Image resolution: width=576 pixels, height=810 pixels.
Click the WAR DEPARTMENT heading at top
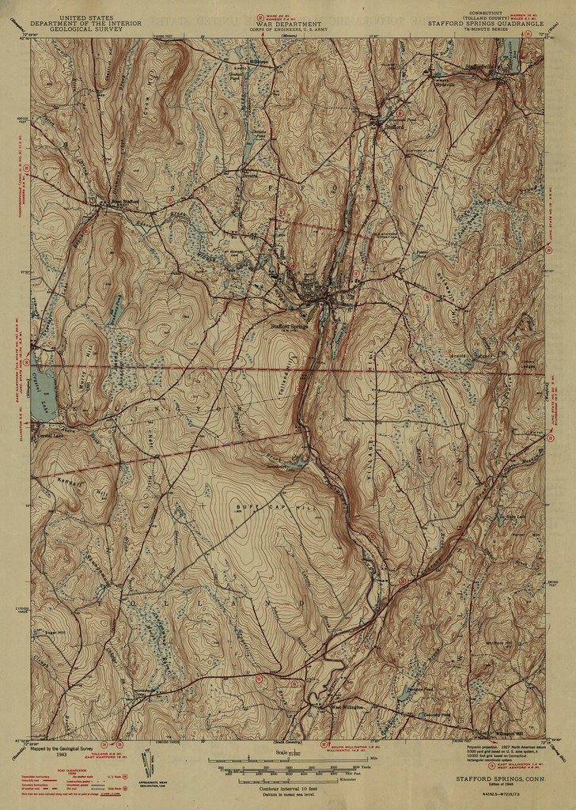[288, 24]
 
